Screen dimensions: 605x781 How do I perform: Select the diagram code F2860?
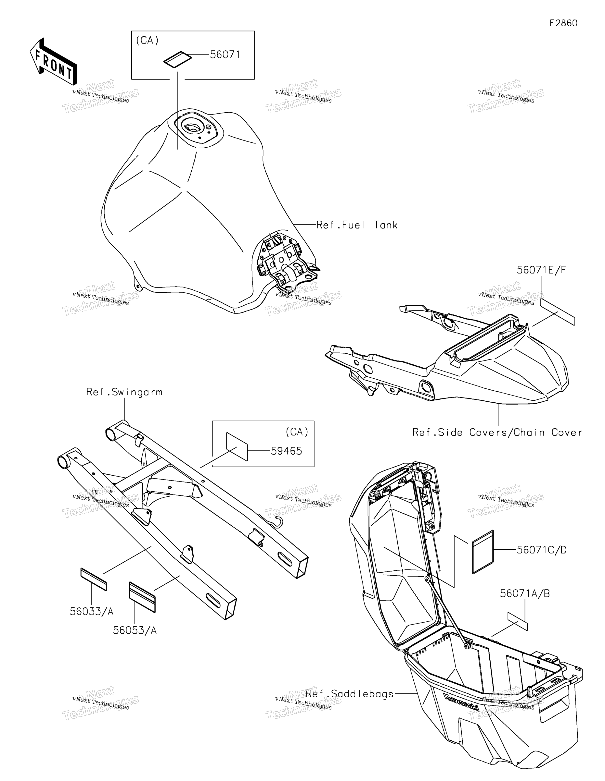(x=563, y=23)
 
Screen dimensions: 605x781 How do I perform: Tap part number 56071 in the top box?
(x=225, y=55)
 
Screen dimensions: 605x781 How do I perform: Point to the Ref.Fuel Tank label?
(x=357, y=225)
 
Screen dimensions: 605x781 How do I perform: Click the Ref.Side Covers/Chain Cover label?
(x=497, y=432)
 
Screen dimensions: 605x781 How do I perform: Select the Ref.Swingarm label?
(x=124, y=392)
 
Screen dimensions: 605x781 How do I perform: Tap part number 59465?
(x=286, y=451)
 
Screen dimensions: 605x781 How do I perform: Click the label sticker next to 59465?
(x=237, y=447)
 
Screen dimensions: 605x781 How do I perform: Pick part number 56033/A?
(x=92, y=612)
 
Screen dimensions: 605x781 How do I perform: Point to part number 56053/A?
(x=135, y=630)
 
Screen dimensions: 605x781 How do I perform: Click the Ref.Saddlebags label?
(x=350, y=694)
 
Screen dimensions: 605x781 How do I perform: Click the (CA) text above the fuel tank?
(x=147, y=40)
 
